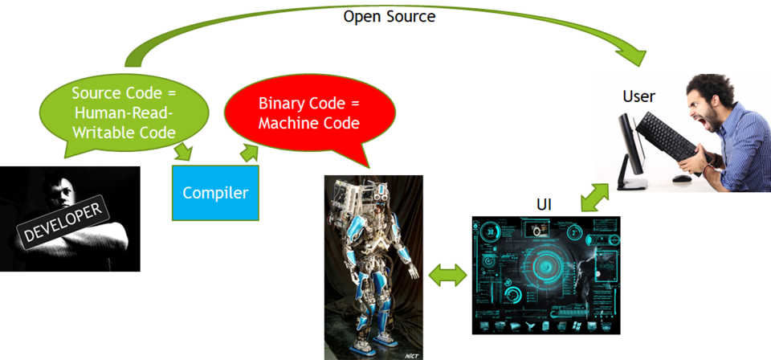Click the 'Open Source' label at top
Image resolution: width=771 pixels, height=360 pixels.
pyautogui.click(x=389, y=15)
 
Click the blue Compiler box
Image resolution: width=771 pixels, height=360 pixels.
pyautogui.click(x=215, y=193)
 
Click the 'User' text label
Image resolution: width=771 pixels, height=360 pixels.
pyautogui.click(x=638, y=96)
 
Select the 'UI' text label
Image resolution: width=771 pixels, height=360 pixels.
pyautogui.click(x=543, y=204)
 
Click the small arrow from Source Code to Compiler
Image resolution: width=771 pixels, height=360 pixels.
pyautogui.click(x=184, y=150)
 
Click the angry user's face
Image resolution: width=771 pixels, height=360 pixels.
pyautogui.click(x=707, y=100)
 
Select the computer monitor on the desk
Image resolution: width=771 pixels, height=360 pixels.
pyautogui.click(x=631, y=149)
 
